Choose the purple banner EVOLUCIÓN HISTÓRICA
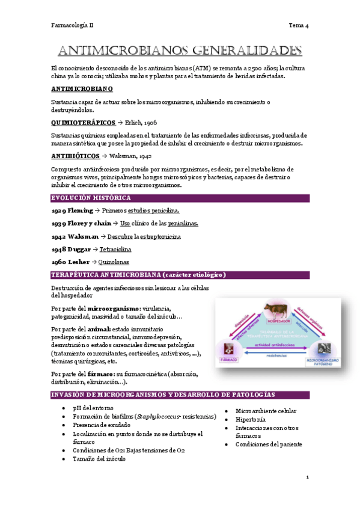[90, 198]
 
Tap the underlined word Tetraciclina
[115, 249]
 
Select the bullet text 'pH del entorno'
[94, 408]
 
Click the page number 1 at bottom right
[307, 478]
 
